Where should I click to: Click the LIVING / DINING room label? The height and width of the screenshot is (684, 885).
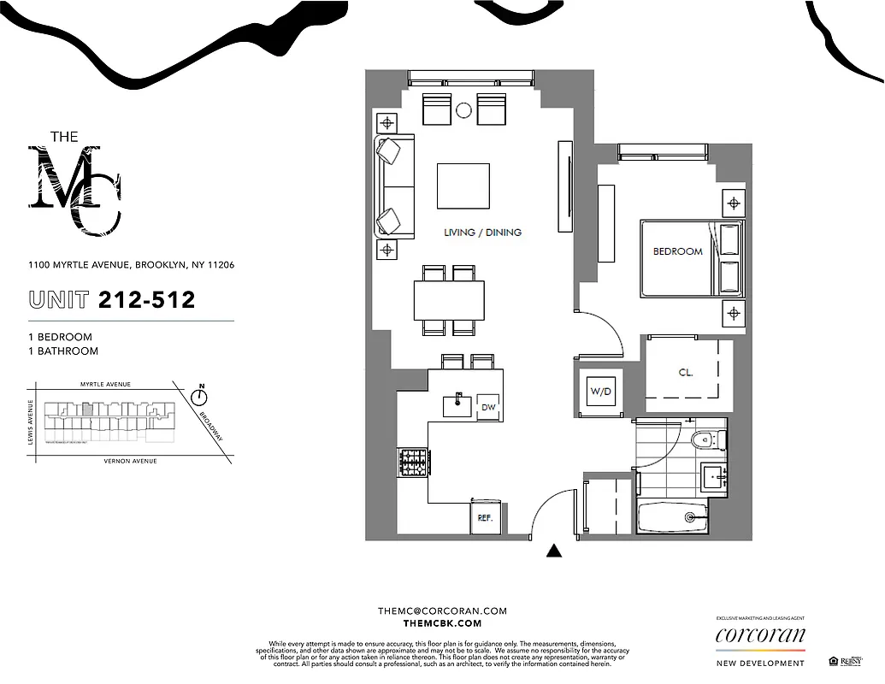pyautogui.click(x=482, y=233)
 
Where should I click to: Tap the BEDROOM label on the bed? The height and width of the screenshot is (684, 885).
pyautogui.click(x=677, y=251)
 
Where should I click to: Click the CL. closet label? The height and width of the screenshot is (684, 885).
pyautogui.click(x=686, y=373)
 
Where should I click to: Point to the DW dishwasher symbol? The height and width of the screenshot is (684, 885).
pyautogui.click(x=488, y=407)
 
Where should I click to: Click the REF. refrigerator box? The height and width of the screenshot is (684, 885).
pyautogui.click(x=484, y=518)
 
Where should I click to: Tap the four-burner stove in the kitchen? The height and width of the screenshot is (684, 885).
pyautogui.click(x=412, y=463)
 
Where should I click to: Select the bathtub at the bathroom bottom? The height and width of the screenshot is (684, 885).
pyautogui.click(x=673, y=516)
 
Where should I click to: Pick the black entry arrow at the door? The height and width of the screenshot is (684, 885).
pyautogui.click(x=554, y=552)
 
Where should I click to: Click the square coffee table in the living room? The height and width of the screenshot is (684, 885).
pyautogui.click(x=463, y=186)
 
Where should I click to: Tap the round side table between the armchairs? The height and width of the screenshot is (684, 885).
pyautogui.click(x=464, y=109)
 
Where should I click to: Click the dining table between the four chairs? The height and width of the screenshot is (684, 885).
pyautogui.click(x=449, y=300)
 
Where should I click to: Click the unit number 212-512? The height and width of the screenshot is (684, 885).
pyautogui.click(x=146, y=299)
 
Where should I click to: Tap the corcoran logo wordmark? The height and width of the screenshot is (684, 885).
pyautogui.click(x=759, y=635)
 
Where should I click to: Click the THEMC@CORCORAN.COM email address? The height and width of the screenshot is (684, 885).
pyautogui.click(x=442, y=610)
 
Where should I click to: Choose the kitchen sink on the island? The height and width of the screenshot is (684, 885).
pyautogui.click(x=457, y=404)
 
